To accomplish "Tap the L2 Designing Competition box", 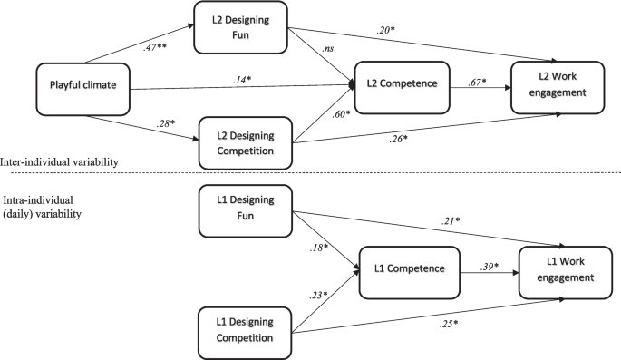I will coord(244,143).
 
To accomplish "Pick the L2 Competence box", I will coord(402,84).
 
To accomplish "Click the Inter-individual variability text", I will coord(63,161).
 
